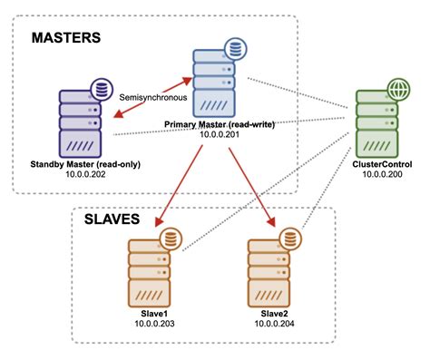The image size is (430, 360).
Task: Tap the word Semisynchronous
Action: pos(150,94)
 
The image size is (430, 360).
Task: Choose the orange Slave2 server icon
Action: pos(271,273)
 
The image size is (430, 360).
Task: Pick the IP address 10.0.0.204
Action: pos(271,322)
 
